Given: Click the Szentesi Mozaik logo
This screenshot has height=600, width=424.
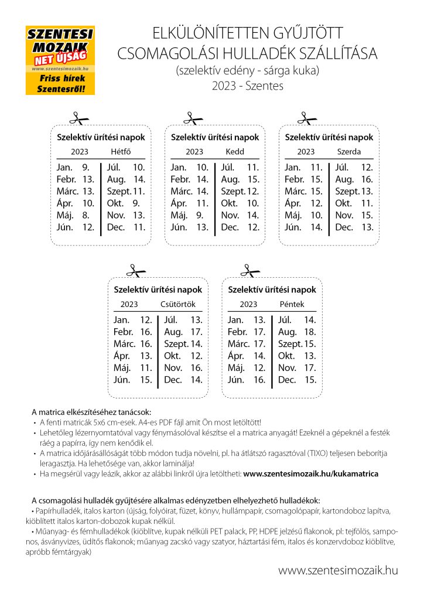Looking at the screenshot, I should [x=60, y=60].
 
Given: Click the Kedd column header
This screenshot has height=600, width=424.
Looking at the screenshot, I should [x=235, y=152].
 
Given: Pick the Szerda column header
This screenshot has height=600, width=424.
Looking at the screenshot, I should [x=349, y=152].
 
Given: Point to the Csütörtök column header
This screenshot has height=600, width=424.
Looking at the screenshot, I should [x=178, y=304].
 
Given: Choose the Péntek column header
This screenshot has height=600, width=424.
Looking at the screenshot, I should [x=292, y=304].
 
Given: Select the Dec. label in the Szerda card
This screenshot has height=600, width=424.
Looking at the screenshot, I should [x=344, y=227].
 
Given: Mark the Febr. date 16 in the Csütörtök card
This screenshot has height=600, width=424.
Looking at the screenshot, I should [x=146, y=332].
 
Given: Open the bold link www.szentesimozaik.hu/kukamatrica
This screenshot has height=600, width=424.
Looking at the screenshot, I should [x=310, y=473].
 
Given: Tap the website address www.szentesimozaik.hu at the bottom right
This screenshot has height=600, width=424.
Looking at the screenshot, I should [x=338, y=570].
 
